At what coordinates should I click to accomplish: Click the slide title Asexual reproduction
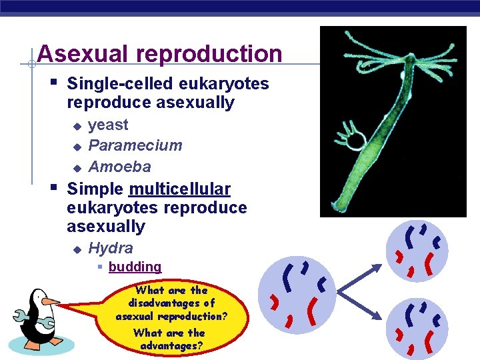160,54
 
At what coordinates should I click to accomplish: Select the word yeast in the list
108,125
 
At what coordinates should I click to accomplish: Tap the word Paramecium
135,145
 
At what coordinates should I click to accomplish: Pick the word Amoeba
119,167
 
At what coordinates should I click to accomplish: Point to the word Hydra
111,249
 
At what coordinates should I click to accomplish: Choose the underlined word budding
135,267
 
